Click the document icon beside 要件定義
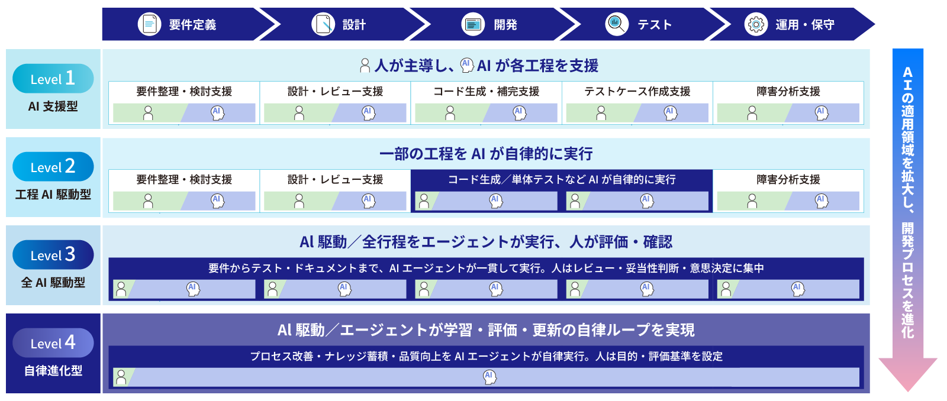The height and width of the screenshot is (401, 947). (x=150, y=24)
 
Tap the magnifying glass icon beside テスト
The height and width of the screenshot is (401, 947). (x=617, y=24)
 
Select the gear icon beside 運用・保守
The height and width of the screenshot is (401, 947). (x=756, y=24)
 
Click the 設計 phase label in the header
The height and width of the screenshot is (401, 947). (x=355, y=24)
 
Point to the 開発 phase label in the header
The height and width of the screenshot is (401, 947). (x=505, y=24)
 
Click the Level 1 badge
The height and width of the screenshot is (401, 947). (x=53, y=79)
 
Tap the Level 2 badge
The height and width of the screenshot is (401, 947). (x=53, y=166)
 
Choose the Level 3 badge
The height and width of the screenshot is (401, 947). (x=53, y=255)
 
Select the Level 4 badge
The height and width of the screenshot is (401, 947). (x=53, y=342)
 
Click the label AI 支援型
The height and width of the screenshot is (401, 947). (x=53, y=106)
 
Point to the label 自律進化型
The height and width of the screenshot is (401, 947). (x=53, y=371)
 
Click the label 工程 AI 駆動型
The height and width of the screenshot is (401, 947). (x=53, y=195)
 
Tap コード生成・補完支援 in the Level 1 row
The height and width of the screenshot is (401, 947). (x=486, y=91)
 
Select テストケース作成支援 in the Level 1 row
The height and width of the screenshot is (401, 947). (x=637, y=91)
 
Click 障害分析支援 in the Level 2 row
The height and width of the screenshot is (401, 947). (x=788, y=180)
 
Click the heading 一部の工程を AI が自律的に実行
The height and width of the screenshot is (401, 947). (x=486, y=154)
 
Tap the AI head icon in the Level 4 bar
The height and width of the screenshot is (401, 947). (x=489, y=377)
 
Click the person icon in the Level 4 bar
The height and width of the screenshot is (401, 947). (x=121, y=377)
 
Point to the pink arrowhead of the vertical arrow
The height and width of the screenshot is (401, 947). (x=908, y=373)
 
